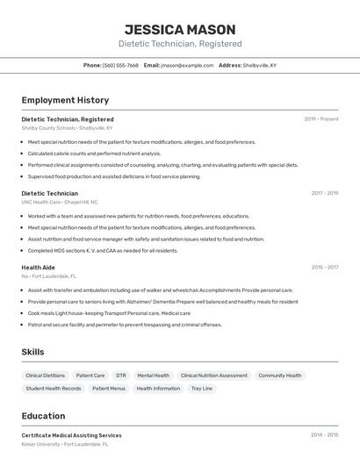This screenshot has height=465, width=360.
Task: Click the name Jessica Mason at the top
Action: click(x=180, y=29)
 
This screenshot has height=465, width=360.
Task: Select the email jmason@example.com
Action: click(x=187, y=65)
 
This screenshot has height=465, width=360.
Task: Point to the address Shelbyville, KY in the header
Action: click(x=259, y=65)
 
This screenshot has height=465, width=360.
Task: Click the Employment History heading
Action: click(x=65, y=100)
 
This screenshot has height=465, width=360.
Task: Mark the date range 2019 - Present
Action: click(x=321, y=118)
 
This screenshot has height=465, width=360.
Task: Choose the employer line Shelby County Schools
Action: click(x=68, y=127)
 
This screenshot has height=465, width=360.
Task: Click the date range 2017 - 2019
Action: click(x=325, y=193)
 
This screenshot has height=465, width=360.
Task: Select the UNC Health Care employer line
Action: click(x=60, y=202)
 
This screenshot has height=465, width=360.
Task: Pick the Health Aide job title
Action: click(x=38, y=268)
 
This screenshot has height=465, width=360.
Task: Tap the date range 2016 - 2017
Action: click(x=325, y=268)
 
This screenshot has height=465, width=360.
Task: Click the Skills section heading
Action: click(x=32, y=352)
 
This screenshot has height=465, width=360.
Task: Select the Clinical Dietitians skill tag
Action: click(x=46, y=376)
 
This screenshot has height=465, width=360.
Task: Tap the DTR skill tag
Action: click(x=121, y=376)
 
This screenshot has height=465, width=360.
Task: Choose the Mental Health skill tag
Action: click(x=154, y=376)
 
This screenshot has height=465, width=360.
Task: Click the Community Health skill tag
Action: click(x=279, y=376)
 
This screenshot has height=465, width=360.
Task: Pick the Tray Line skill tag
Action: click(x=202, y=388)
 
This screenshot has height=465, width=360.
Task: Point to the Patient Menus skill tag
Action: click(x=109, y=388)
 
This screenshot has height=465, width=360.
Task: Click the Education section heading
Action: click(x=43, y=416)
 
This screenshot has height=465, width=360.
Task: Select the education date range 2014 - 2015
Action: click(x=325, y=434)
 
